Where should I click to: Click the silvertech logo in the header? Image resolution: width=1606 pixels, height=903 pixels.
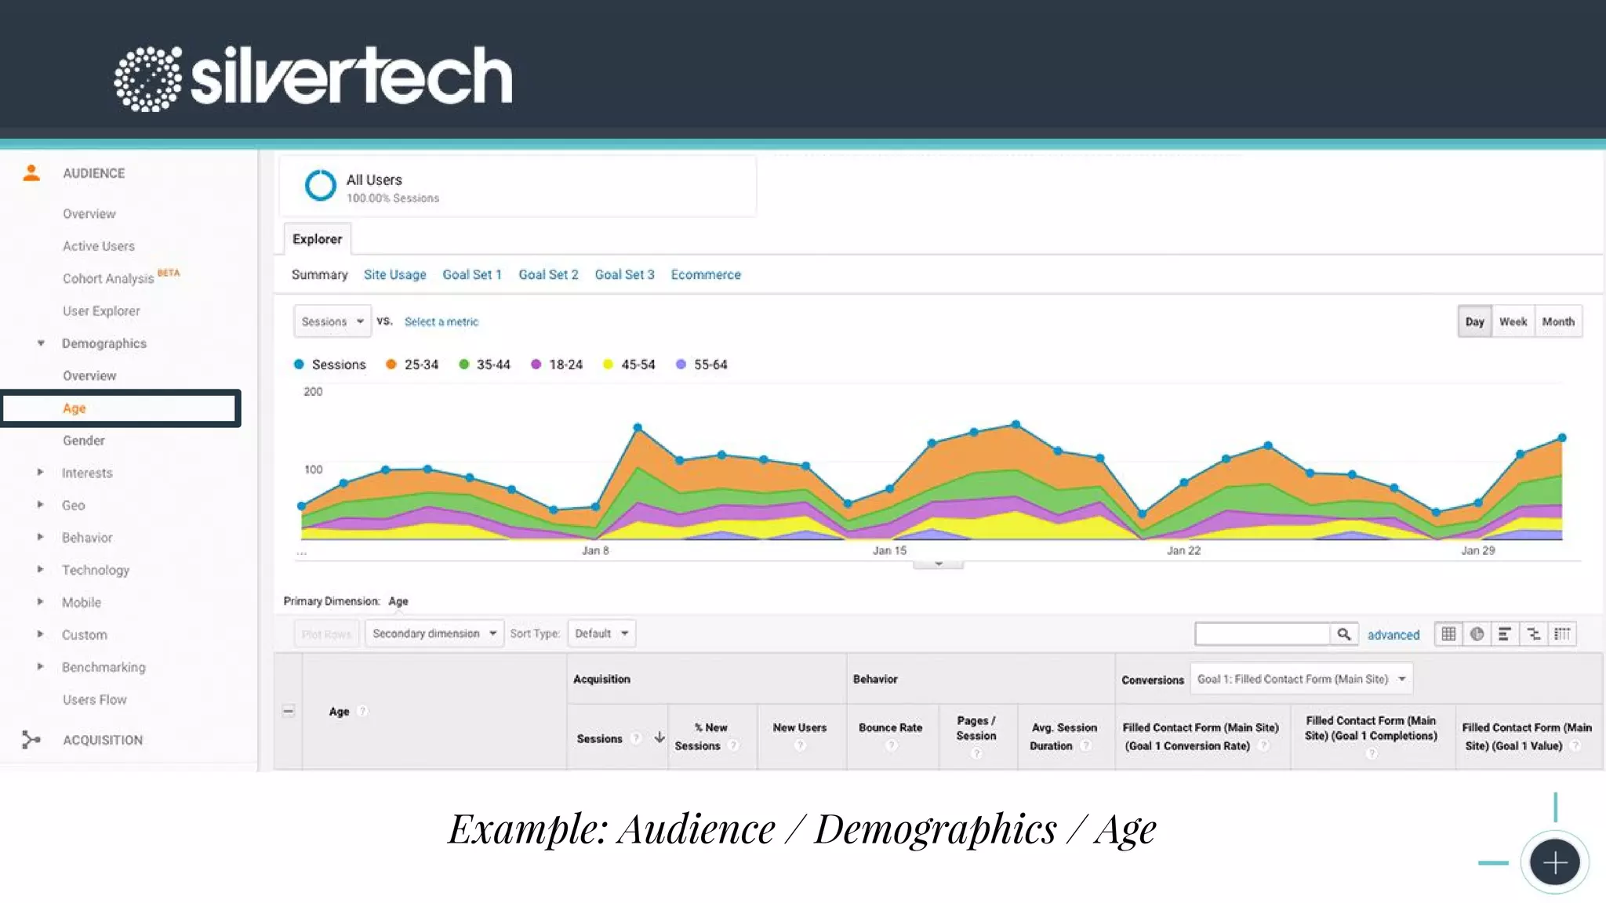click(314, 77)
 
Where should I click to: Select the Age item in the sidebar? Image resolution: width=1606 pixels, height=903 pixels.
click(74, 408)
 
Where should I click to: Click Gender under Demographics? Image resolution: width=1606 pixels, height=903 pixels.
click(84, 441)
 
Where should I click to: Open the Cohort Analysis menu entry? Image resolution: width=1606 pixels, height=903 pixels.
click(108, 278)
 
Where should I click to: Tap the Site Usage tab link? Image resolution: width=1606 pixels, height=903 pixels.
click(394, 274)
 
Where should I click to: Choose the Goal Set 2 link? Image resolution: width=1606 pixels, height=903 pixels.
click(548, 274)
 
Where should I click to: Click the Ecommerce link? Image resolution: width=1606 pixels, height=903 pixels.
click(705, 274)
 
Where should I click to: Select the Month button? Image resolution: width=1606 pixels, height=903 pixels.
click(1557, 321)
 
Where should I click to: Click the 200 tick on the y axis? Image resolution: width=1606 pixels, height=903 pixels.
click(313, 391)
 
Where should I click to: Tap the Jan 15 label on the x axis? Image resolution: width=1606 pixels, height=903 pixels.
click(889, 550)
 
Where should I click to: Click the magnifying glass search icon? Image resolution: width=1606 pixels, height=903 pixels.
click(1343, 634)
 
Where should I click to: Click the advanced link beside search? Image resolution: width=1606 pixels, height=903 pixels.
click(1393, 635)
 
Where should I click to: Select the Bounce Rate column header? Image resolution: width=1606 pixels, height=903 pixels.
click(890, 727)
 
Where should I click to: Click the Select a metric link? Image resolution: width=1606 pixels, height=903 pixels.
click(441, 321)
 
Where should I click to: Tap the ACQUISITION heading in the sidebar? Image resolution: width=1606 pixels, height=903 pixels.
click(103, 740)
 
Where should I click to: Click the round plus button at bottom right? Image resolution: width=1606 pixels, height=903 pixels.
click(1554, 862)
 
